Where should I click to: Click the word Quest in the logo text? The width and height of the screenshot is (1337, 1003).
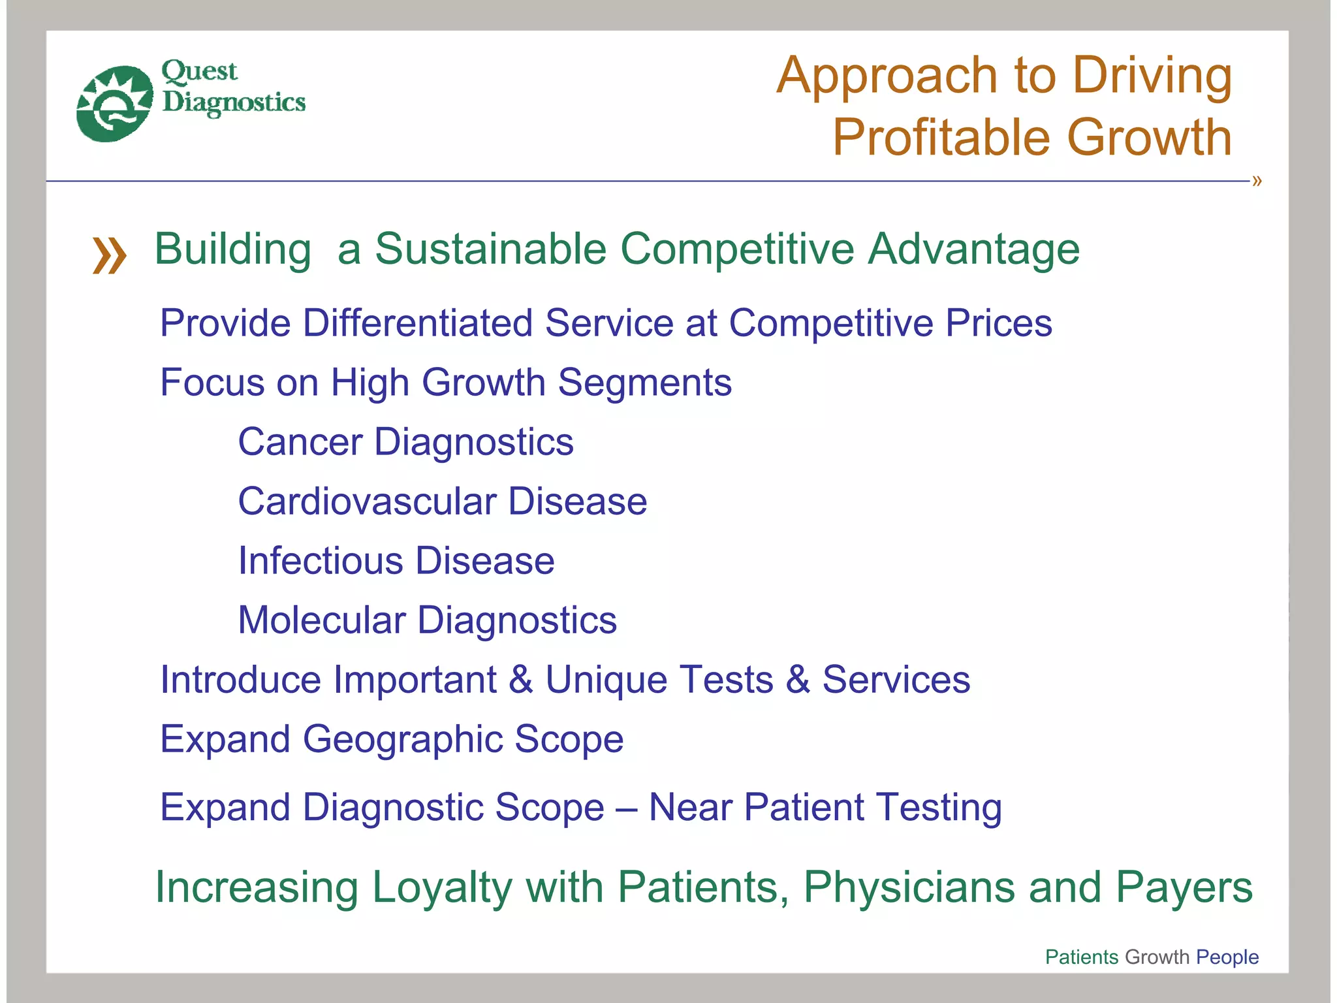point(199,71)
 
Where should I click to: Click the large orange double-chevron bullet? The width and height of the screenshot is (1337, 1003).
point(109,255)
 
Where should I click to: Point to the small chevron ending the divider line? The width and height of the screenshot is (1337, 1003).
point(1257,181)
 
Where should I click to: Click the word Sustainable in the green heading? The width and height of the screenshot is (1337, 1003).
point(490,249)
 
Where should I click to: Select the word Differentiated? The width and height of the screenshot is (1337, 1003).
point(418,323)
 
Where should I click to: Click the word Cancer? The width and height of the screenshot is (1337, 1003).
point(300,442)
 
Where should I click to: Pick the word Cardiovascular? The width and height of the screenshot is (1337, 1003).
point(367,501)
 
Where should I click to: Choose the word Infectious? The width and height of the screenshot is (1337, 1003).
point(321,561)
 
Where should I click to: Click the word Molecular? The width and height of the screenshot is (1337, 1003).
point(321,620)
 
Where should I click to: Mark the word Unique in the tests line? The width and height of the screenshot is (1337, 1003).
point(607,680)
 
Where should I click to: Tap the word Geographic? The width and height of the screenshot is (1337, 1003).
point(402,739)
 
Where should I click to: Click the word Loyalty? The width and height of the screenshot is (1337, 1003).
point(442,887)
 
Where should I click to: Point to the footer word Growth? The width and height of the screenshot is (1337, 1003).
point(1157,957)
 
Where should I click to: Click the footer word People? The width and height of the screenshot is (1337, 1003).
point(1227,957)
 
